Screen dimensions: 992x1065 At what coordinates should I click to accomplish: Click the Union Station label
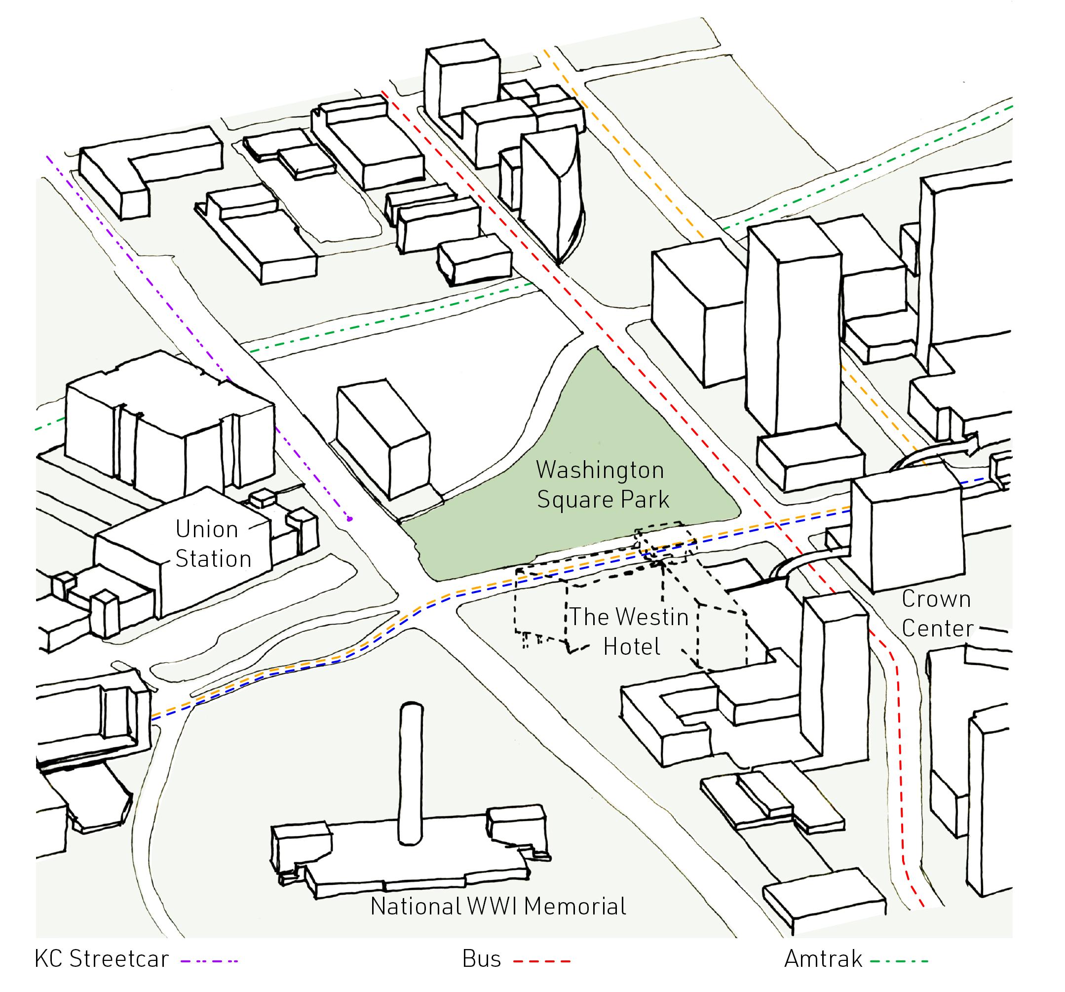(x=213, y=544)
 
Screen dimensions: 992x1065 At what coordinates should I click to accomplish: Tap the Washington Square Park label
(x=602, y=484)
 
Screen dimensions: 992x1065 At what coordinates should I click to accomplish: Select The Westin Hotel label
(x=629, y=632)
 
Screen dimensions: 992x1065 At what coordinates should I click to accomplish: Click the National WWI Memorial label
(x=498, y=906)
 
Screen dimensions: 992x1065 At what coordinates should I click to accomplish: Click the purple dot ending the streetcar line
(x=349, y=519)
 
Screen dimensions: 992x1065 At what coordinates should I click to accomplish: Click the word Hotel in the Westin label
(x=632, y=646)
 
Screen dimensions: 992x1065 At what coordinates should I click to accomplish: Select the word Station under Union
(x=213, y=559)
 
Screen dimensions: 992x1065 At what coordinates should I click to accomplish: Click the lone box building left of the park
(x=383, y=437)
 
